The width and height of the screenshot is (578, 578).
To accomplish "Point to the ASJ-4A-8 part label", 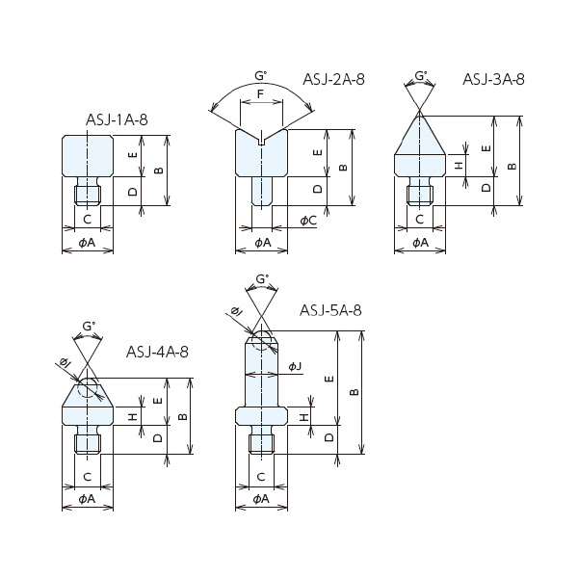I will pyautogui.click(x=157, y=352).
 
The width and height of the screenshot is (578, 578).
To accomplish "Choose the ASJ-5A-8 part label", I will pyautogui.click(x=330, y=310).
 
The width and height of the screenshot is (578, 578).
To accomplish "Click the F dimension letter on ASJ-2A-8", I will pyautogui.click(x=260, y=93).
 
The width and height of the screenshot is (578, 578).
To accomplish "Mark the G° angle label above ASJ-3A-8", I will pyautogui.click(x=421, y=74).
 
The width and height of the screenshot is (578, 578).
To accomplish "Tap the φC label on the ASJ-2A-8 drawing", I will pyautogui.click(x=308, y=221).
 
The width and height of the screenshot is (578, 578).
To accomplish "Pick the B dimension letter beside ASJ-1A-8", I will pyautogui.click(x=156, y=171).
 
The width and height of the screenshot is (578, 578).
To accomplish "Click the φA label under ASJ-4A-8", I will pyautogui.click(x=87, y=499).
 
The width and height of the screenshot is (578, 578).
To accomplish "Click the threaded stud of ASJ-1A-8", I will pyautogui.click(x=87, y=194).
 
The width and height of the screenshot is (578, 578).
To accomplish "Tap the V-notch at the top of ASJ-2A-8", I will pyautogui.click(x=260, y=141).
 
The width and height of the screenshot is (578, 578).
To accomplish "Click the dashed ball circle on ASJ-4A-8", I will pyautogui.click(x=88, y=387).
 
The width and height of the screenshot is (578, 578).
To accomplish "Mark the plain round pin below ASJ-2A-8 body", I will pyautogui.click(x=260, y=191).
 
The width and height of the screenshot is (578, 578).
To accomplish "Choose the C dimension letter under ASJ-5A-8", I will pyautogui.click(x=261, y=478).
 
